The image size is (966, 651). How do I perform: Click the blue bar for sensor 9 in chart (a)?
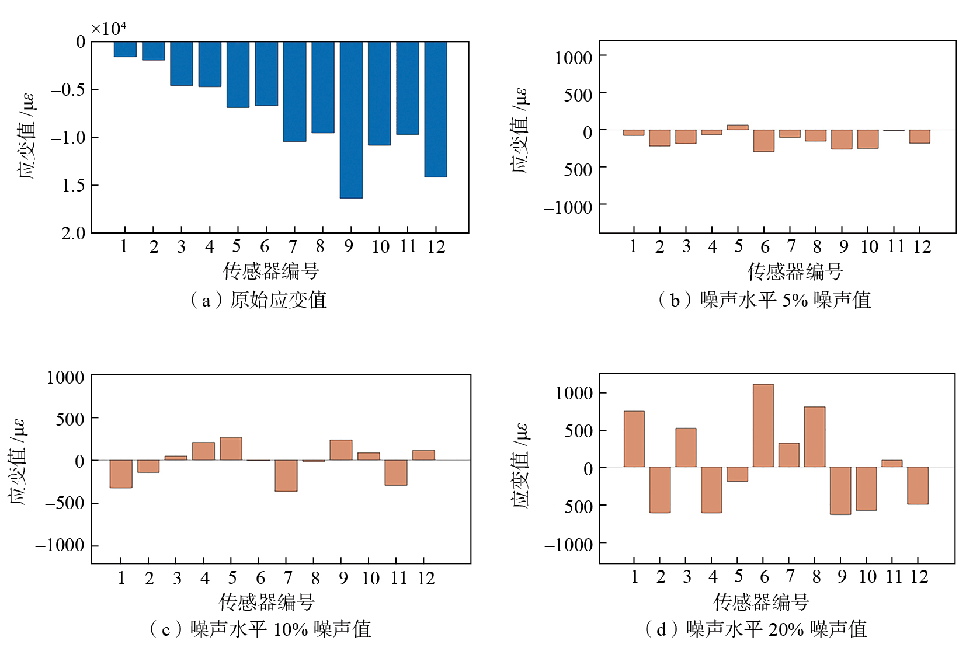click(x=351, y=120)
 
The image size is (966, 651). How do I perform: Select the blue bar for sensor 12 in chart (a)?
click(x=436, y=109)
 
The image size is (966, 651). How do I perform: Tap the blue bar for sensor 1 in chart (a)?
click(x=125, y=49)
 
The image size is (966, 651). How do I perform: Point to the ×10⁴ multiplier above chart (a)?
click(x=109, y=28)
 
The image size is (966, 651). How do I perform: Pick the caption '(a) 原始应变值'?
click(x=258, y=300)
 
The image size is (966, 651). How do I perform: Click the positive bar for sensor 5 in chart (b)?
click(x=738, y=127)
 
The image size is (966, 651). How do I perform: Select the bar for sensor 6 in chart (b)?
click(x=763, y=141)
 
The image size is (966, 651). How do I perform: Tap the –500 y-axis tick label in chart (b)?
click(x=573, y=169)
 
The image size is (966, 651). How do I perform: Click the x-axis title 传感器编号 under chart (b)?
click(x=795, y=271)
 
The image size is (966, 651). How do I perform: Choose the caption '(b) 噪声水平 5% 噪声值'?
click(x=765, y=300)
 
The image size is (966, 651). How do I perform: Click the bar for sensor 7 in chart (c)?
click(x=286, y=476)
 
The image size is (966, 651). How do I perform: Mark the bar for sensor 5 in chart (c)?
click(x=231, y=449)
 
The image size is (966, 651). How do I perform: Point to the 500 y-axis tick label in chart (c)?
click(x=70, y=419)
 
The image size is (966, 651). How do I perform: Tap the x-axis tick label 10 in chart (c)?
click(x=370, y=579)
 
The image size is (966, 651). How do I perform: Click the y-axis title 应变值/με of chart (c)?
click(x=18, y=461)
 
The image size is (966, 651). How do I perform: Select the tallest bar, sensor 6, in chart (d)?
click(x=763, y=426)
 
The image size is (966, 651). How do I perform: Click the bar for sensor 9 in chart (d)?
click(x=840, y=490)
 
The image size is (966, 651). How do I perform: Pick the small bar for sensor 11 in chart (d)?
click(x=892, y=464)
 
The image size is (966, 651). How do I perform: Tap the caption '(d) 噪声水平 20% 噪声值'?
click(x=756, y=629)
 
